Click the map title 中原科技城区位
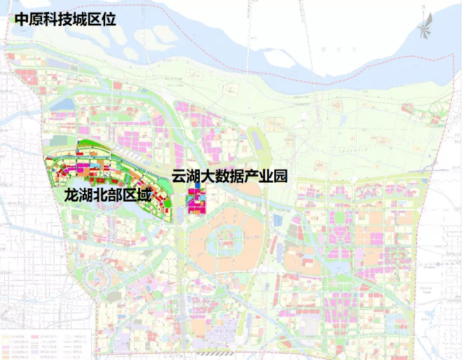pyautogui.click(x=61, y=18)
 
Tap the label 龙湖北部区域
pyautogui.click(x=107, y=195)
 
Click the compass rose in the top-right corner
pyautogui.click(x=426, y=29)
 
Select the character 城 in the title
pyautogui.click(x=76, y=18)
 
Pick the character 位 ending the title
pyautogui.click(x=108, y=18)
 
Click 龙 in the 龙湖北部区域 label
pyautogui.click(x=71, y=195)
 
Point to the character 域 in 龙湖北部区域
pyautogui.click(x=144, y=195)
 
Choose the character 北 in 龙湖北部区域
pyautogui.click(x=100, y=195)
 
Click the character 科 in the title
pyautogui.click(x=45, y=18)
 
